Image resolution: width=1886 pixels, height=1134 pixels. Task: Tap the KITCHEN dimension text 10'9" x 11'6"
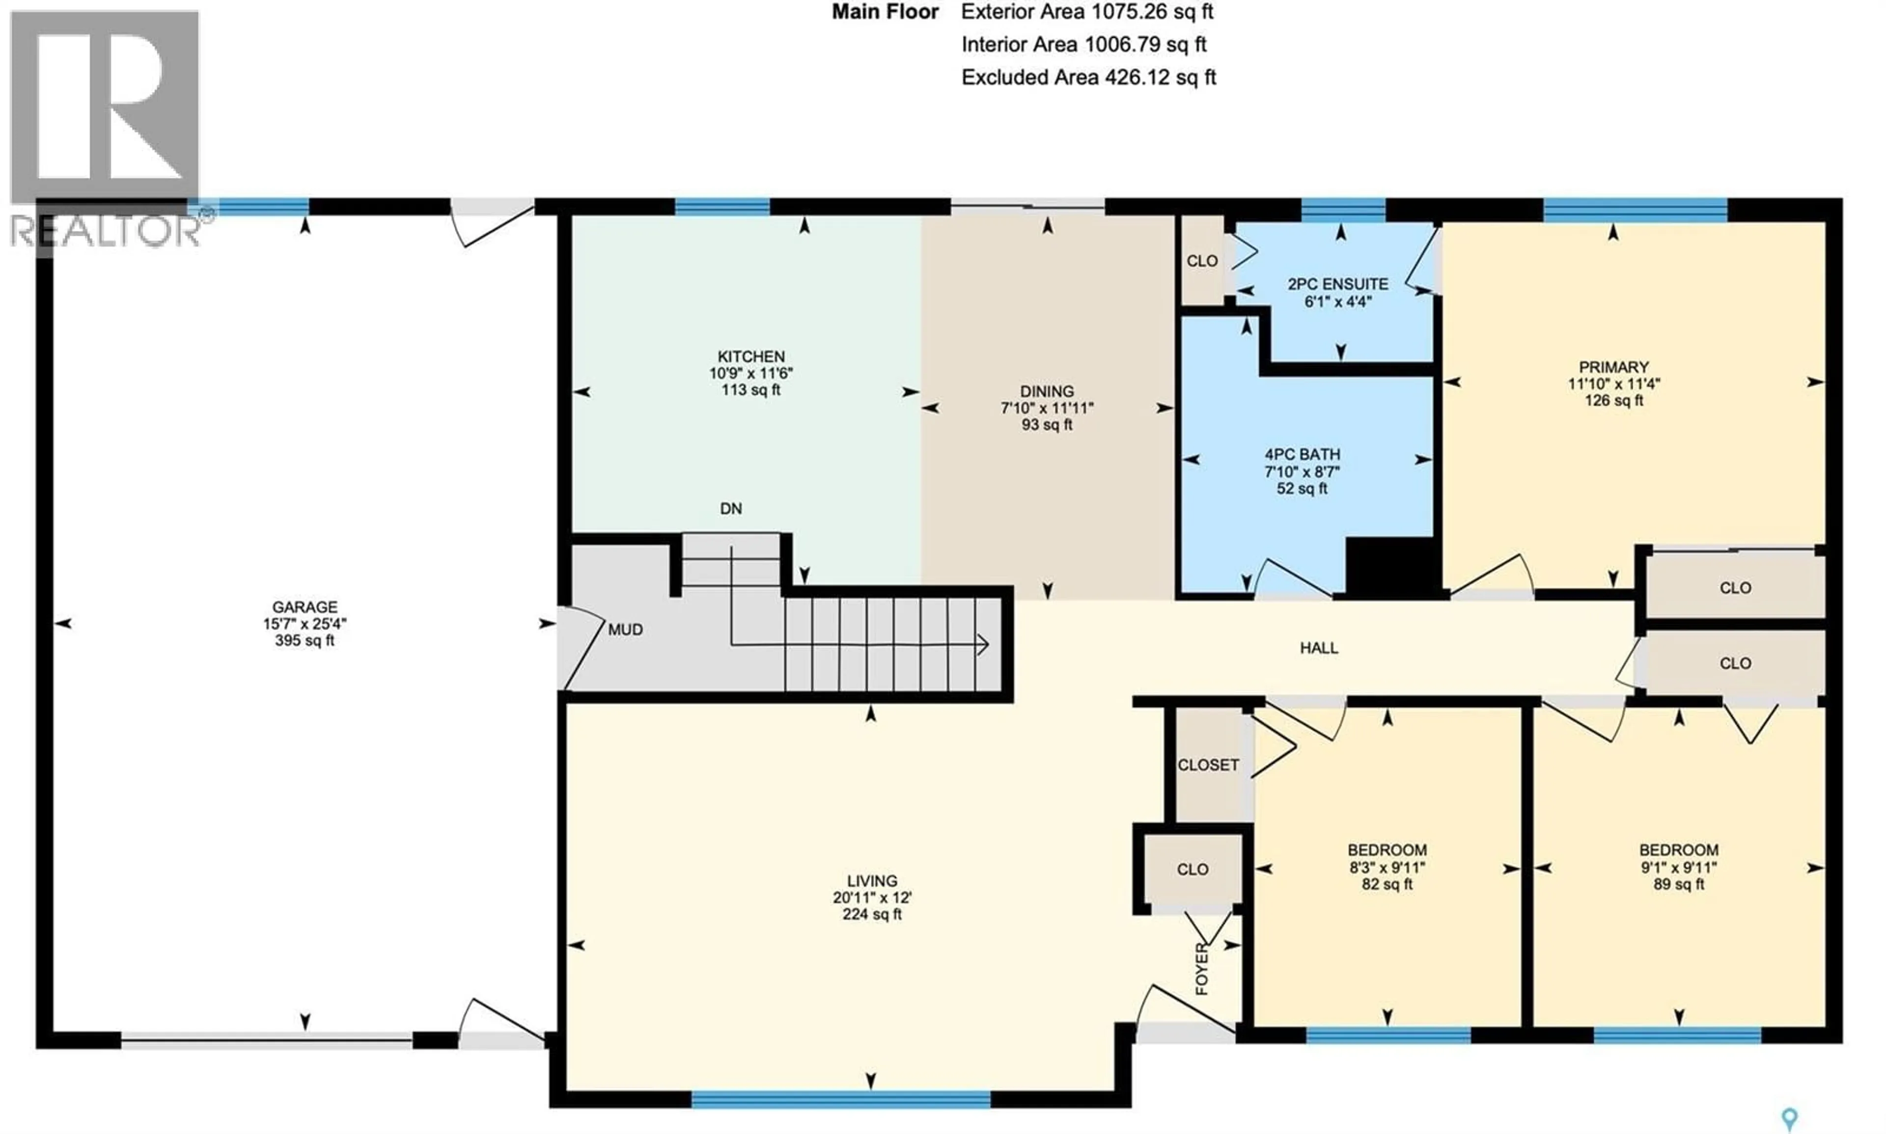click(x=750, y=374)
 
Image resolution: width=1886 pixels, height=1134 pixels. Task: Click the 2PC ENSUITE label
click(x=1337, y=284)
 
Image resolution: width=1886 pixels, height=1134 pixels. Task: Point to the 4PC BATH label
click(x=1302, y=455)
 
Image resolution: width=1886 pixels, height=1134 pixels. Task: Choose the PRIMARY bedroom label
click(x=1613, y=367)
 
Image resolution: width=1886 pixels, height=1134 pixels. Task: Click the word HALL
click(x=1319, y=648)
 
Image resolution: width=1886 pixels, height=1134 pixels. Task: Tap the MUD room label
click(x=625, y=630)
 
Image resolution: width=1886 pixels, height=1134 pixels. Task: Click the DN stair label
click(x=730, y=509)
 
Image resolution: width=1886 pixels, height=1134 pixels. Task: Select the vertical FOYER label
click(x=1201, y=969)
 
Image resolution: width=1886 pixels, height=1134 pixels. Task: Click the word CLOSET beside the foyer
click(x=1208, y=765)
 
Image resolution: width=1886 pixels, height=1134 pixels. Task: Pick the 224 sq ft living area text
click(x=871, y=914)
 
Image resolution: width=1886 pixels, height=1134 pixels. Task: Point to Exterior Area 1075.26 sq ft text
click(x=1087, y=12)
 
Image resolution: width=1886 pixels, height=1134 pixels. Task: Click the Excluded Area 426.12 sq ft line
click(x=1088, y=77)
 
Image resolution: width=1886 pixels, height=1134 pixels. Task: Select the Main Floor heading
click(x=885, y=12)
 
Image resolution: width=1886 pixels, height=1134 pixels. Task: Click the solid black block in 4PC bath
click(x=1389, y=565)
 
